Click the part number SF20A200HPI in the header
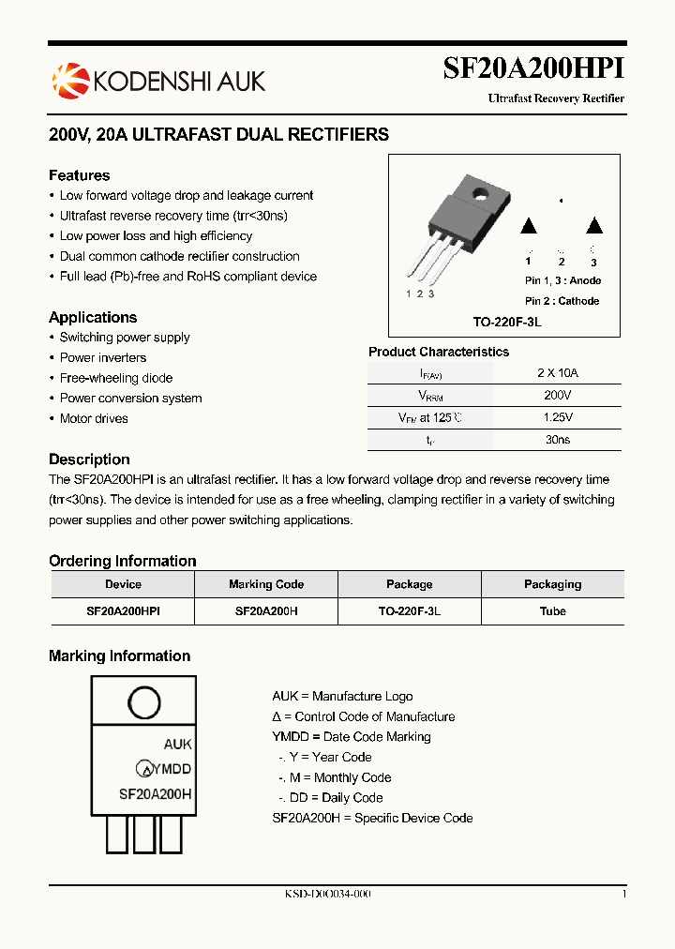pyautogui.click(x=533, y=70)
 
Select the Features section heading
pyautogui.click(x=80, y=175)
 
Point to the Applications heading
pyautogui.click(x=93, y=317)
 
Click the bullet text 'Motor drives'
pyautogui.click(x=94, y=418)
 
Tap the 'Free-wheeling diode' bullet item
pyautogui.click(x=116, y=378)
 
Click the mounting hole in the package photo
pyautogui.click(x=480, y=195)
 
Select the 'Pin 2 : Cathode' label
pyautogui.click(x=562, y=301)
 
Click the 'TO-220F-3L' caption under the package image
pyautogui.click(x=507, y=322)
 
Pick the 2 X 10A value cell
pyautogui.click(x=558, y=372)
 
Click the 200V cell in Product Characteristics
pyautogui.click(x=558, y=395)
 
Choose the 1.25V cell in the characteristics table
pyautogui.click(x=558, y=417)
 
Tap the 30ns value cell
pyautogui.click(x=558, y=439)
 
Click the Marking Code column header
pyautogui.click(x=266, y=584)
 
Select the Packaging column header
pyautogui.click(x=552, y=584)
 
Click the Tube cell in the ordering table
pyautogui.click(x=552, y=610)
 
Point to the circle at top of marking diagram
pyautogui.click(x=143, y=703)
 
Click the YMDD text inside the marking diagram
pyautogui.click(x=172, y=769)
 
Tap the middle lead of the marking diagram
pyautogui.click(x=144, y=833)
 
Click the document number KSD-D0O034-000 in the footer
pyautogui.click(x=328, y=895)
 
